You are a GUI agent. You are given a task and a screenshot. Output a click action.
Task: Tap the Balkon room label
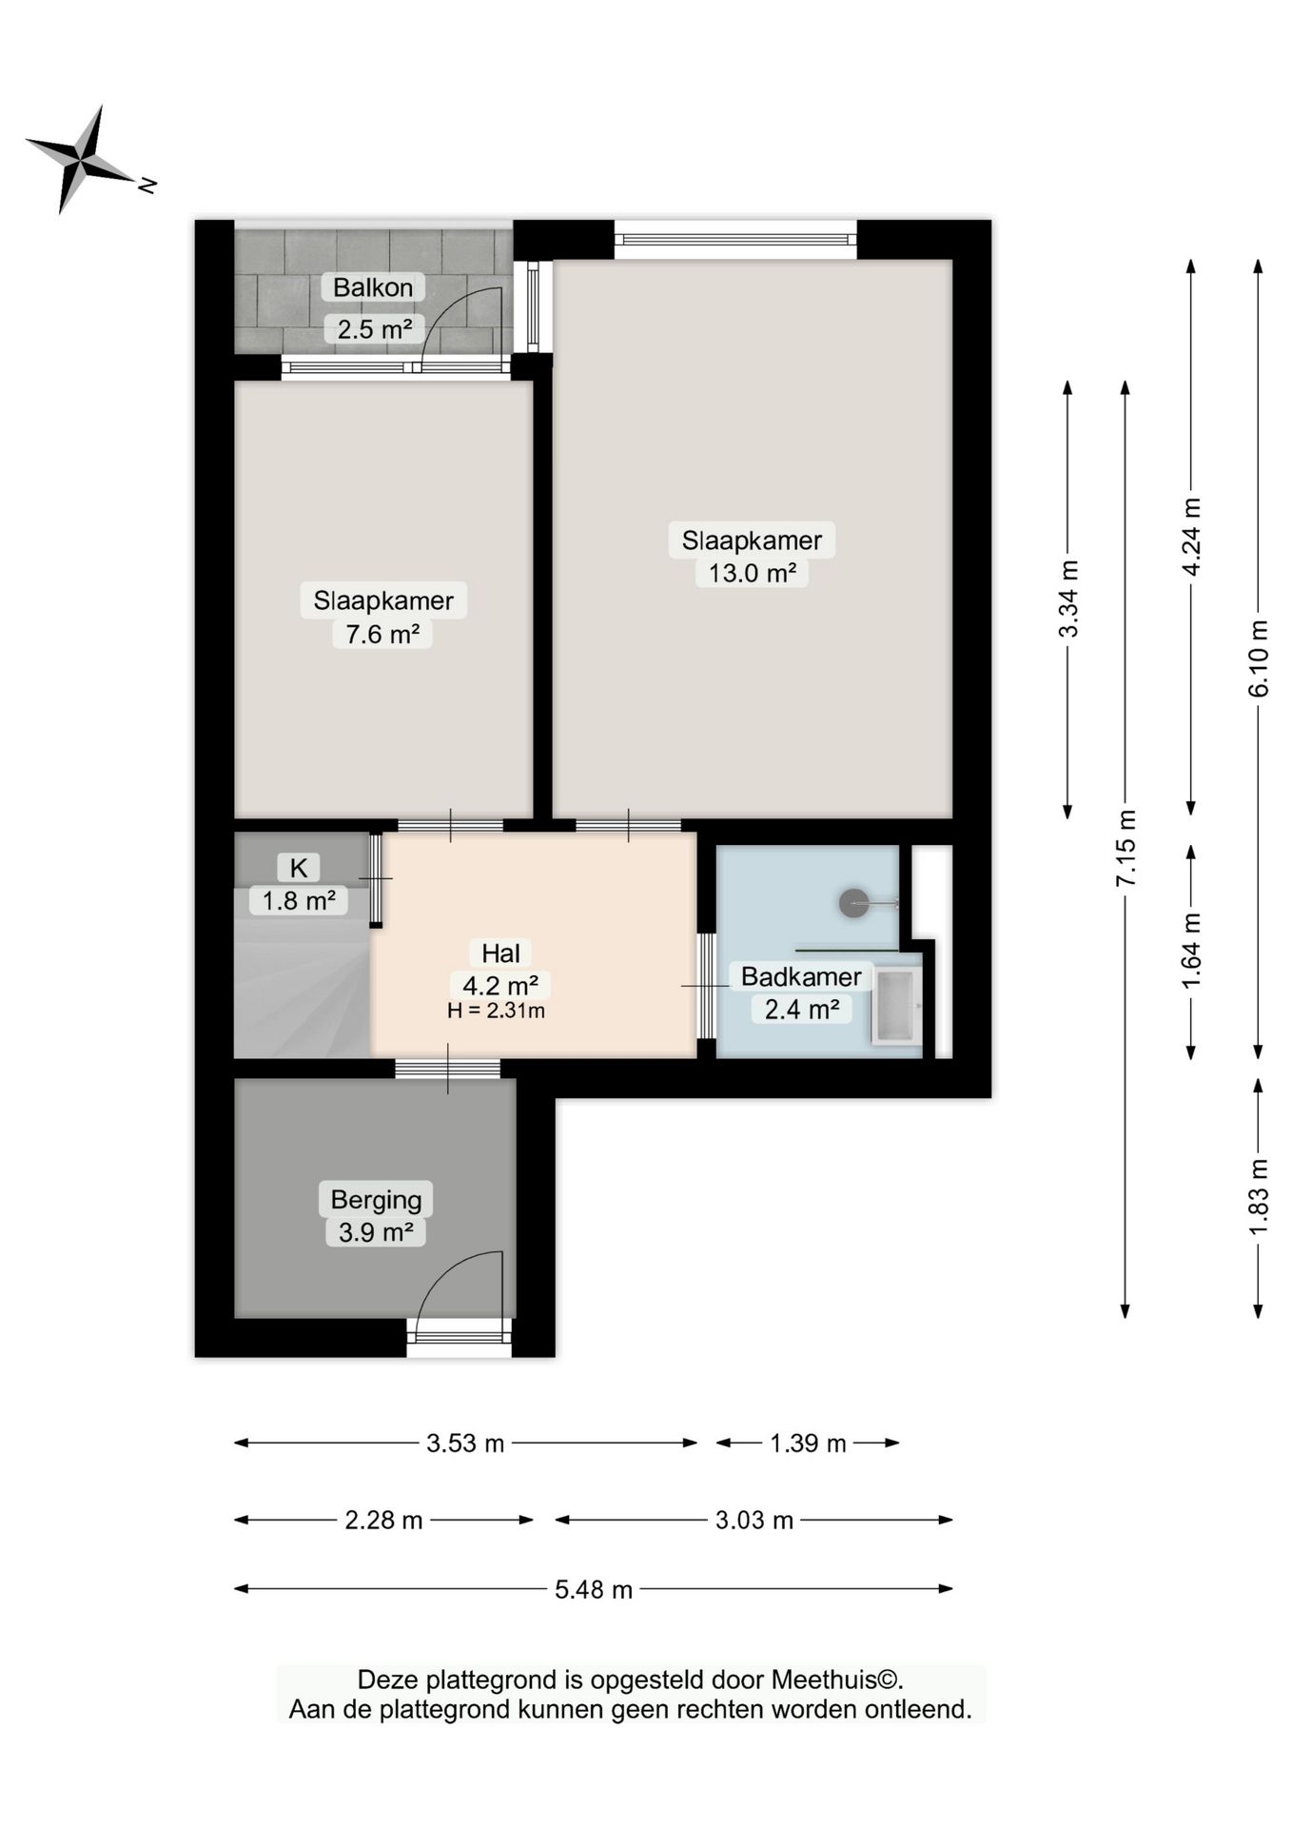[373, 287]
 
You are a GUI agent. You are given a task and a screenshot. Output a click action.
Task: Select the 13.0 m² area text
[752, 573]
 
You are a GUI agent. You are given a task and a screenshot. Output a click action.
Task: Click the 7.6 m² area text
[382, 633]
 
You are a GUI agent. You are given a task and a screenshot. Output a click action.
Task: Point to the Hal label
[500, 953]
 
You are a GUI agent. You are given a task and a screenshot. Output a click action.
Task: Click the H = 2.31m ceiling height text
[496, 1011]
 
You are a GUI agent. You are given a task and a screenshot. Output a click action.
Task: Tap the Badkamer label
[801, 976]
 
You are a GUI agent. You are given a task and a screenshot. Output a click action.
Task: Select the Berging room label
[376, 1200]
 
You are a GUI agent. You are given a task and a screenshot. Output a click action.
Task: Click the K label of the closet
[299, 868]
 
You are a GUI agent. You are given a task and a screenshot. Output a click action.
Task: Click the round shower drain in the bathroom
[853, 903]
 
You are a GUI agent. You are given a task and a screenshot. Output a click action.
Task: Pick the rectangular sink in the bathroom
[896, 1006]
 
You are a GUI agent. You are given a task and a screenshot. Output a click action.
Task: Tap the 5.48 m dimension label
[594, 1589]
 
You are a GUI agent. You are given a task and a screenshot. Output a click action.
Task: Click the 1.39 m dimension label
[808, 1444]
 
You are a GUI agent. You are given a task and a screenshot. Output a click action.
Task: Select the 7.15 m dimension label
[1126, 849]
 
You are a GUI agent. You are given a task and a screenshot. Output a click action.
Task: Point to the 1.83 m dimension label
[1259, 1198]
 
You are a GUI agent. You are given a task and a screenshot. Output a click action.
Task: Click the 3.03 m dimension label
[754, 1520]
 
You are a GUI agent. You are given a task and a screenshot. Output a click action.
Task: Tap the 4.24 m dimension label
[1191, 537]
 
